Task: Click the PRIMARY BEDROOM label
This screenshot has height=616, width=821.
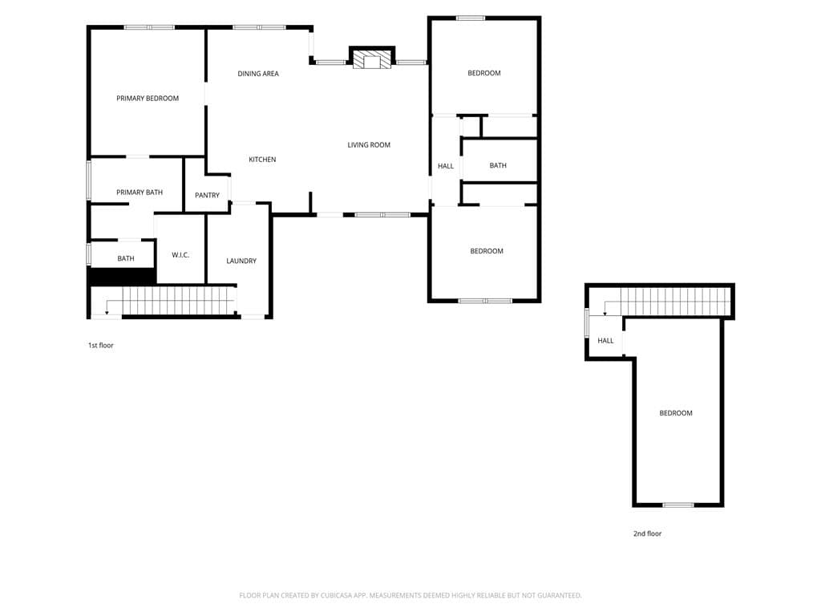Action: pyautogui.click(x=148, y=99)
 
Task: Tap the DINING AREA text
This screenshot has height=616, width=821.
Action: pyautogui.click(x=258, y=74)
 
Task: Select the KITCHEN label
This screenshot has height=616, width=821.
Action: pyautogui.click(x=262, y=160)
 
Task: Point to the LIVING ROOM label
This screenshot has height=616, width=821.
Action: pyautogui.click(x=369, y=145)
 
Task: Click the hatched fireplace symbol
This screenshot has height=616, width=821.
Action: pyautogui.click(x=372, y=59)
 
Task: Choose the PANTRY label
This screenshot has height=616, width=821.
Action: pyautogui.click(x=208, y=196)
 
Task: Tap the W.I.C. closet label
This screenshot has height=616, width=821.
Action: pyautogui.click(x=180, y=255)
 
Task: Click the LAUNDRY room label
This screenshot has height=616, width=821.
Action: pyautogui.click(x=241, y=261)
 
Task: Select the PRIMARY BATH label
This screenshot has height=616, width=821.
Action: pyautogui.click(x=140, y=192)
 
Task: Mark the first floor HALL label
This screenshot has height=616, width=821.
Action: pyautogui.click(x=446, y=166)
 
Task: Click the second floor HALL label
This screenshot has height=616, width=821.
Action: pyautogui.click(x=606, y=340)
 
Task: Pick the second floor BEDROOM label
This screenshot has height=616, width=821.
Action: pyautogui.click(x=676, y=413)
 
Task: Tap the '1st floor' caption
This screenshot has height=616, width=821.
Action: pyautogui.click(x=100, y=345)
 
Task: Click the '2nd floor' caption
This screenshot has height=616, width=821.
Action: pyautogui.click(x=648, y=533)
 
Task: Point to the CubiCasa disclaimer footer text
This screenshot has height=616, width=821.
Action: pyautogui.click(x=410, y=596)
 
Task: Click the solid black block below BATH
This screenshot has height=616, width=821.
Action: pyautogui.click(x=123, y=276)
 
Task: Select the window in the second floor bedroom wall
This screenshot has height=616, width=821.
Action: pyautogui.click(x=678, y=505)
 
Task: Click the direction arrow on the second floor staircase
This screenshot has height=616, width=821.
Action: pyautogui.click(x=605, y=307)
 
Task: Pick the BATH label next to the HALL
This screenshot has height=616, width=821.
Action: pyautogui.click(x=498, y=165)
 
